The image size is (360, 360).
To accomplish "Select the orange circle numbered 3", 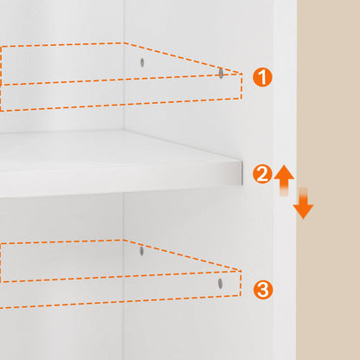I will click(x=263, y=289).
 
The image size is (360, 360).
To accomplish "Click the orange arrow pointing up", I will click(x=284, y=180).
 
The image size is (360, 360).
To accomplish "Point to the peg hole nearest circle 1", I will click(x=221, y=74).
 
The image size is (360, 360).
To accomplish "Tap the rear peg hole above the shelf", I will click(x=142, y=61).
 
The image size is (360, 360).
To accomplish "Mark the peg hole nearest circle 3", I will click(x=221, y=283).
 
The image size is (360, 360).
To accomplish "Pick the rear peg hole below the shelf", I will click(x=141, y=251).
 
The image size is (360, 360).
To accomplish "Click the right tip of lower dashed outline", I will click(x=241, y=271).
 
